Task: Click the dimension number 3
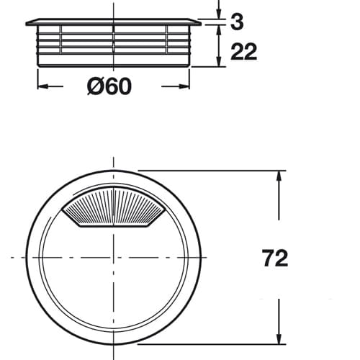(237, 22)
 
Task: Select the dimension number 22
(244, 52)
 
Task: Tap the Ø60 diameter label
(109, 86)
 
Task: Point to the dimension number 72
(275, 258)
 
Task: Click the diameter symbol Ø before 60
(95, 86)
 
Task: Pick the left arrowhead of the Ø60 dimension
(42, 86)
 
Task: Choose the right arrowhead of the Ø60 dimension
(185, 86)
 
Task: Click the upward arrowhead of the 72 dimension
(279, 176)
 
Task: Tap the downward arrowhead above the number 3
(219, 14)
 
